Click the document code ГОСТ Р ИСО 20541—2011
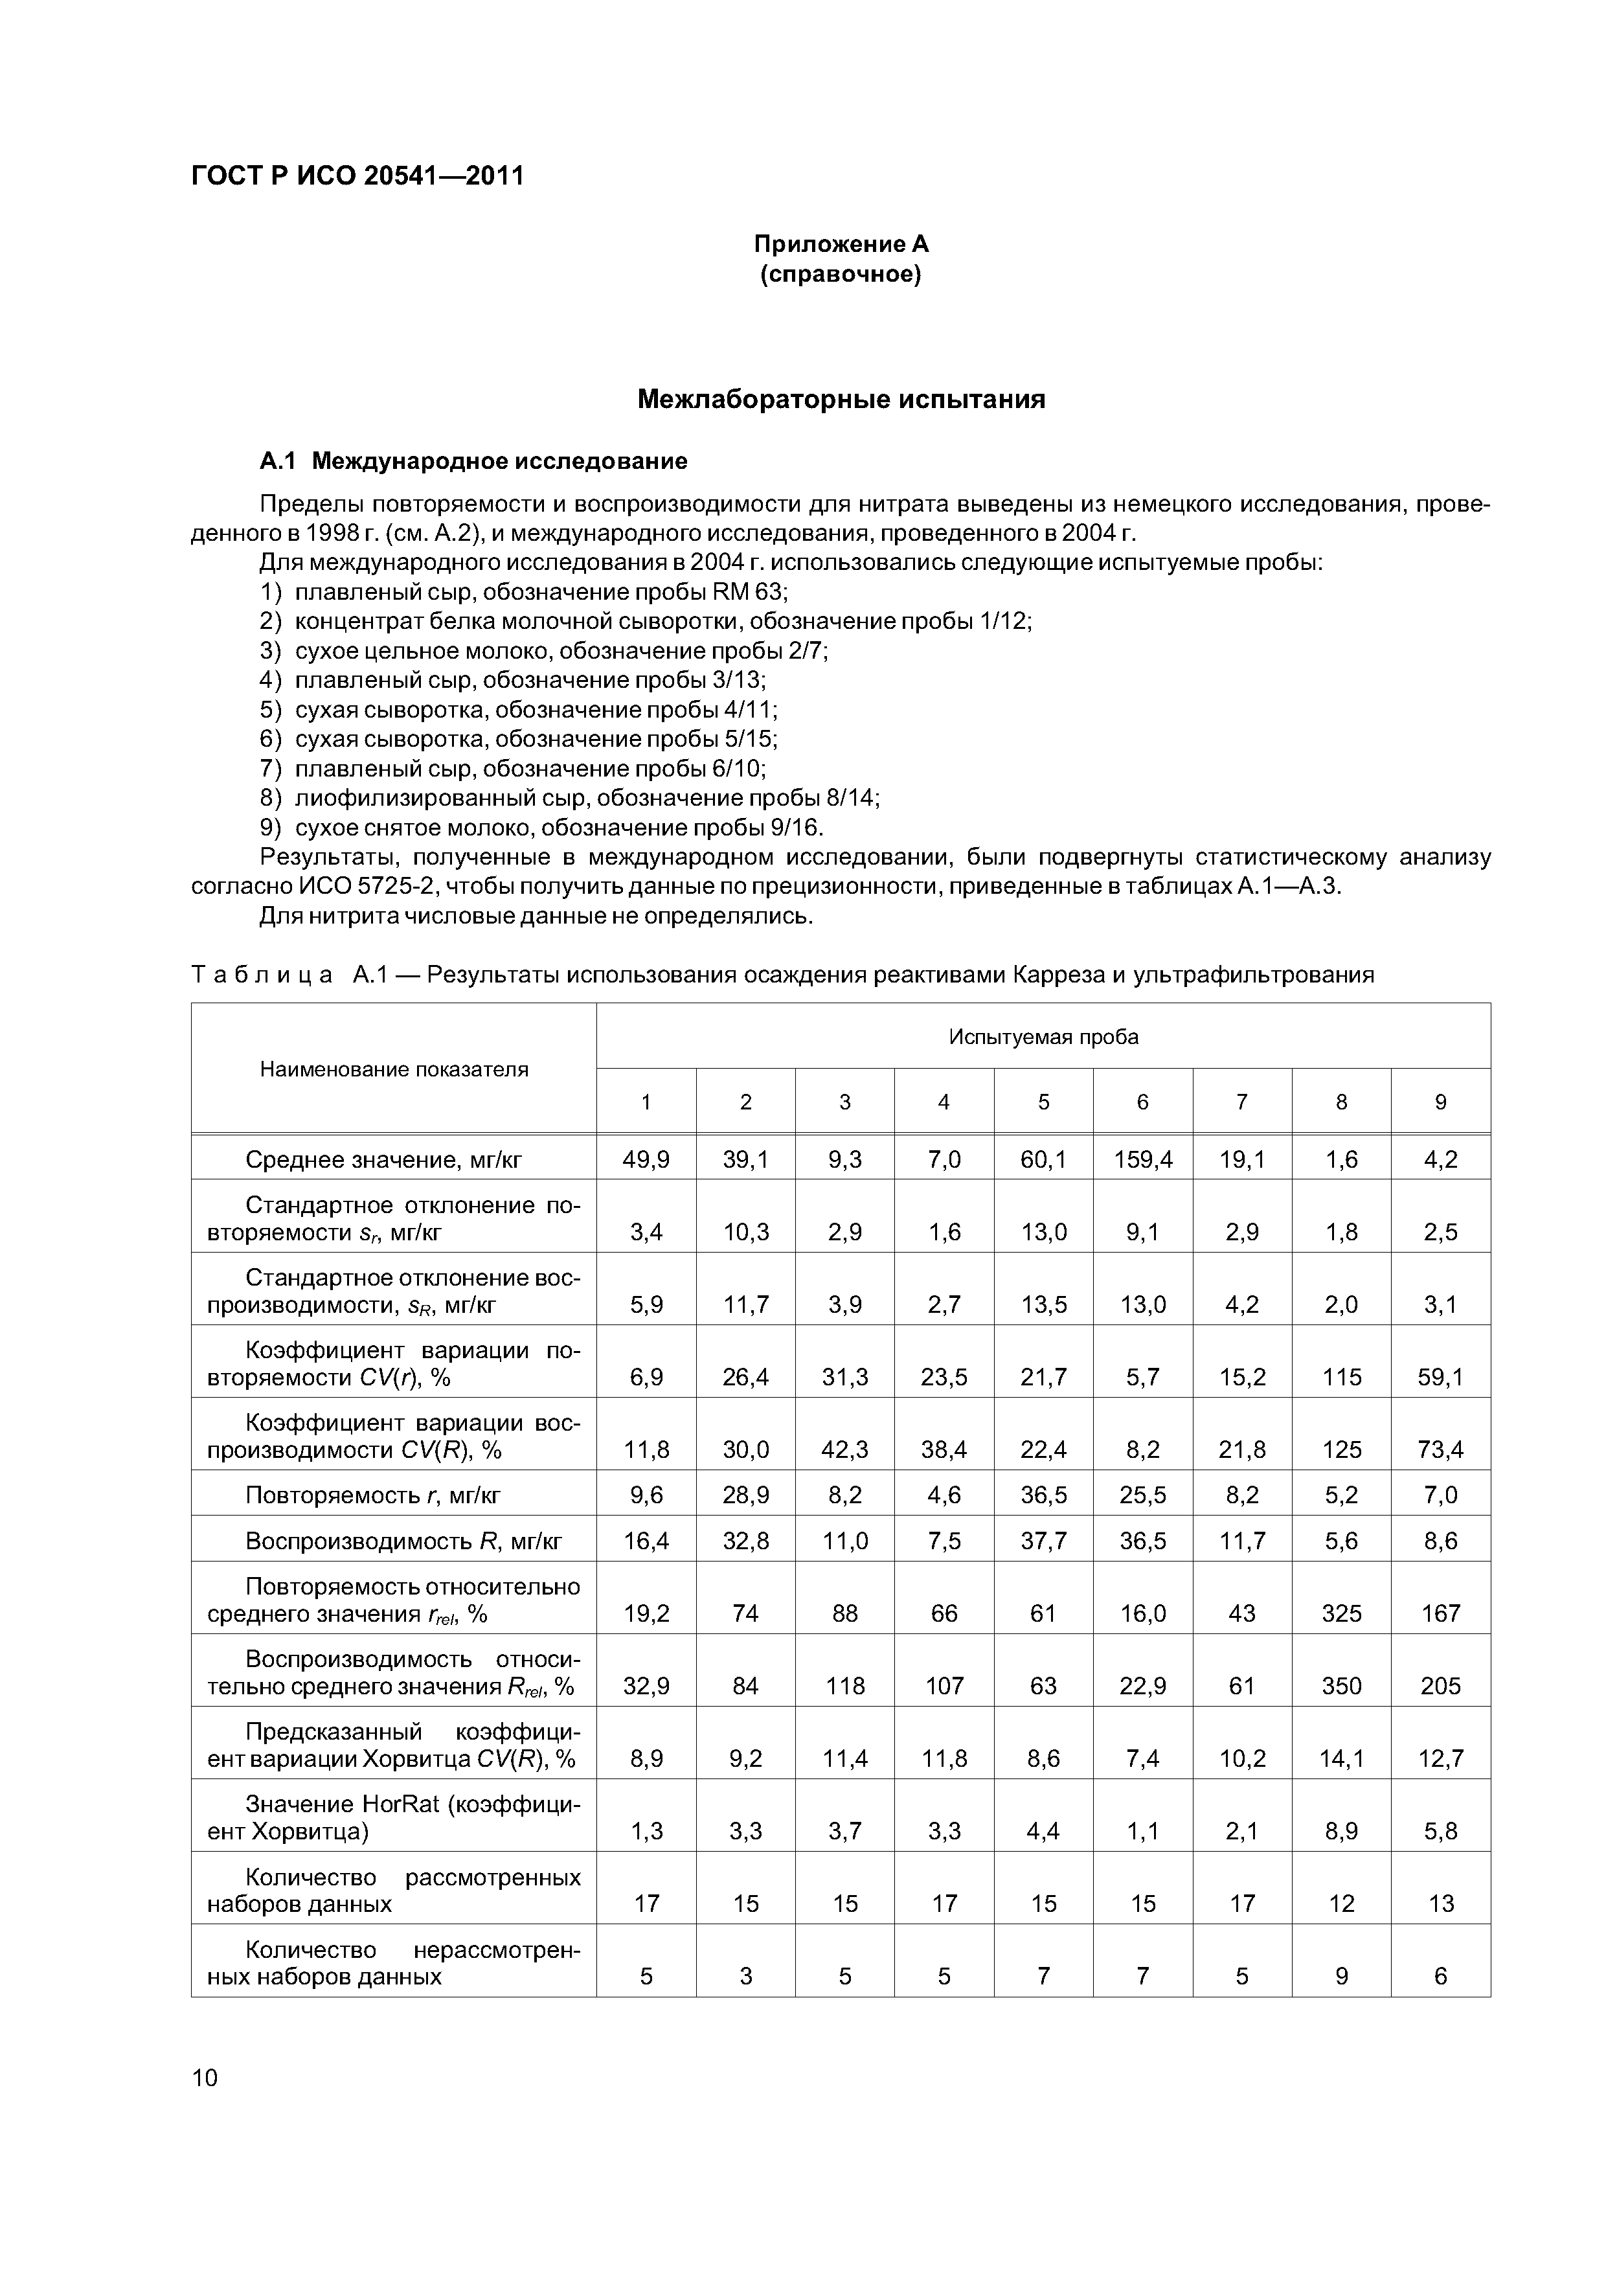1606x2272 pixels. [x=357, y=176]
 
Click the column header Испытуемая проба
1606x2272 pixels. [x=1043, y=1037]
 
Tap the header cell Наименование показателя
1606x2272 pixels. [x=394, y=1069]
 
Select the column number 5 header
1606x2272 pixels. [x=1043, y=1102]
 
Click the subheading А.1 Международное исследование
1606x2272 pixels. [x=473, y=461]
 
